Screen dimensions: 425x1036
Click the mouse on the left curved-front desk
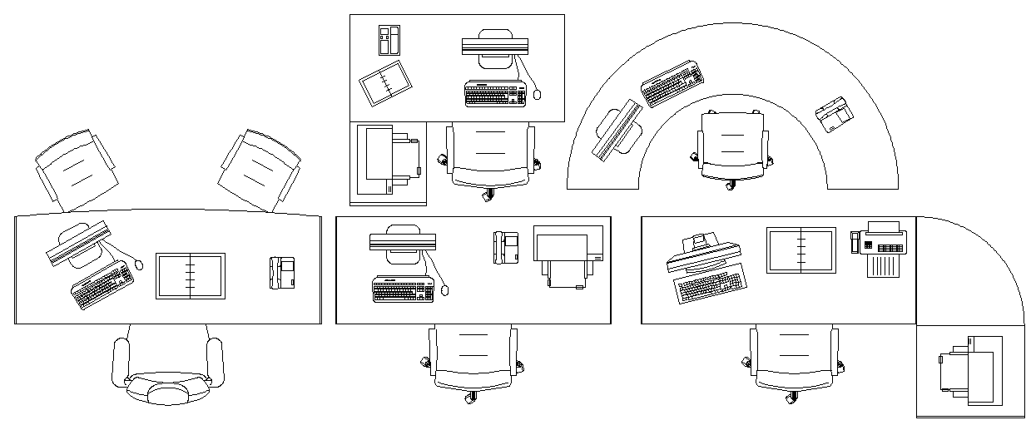pos(138,265)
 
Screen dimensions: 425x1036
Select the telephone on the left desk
pos(283,273)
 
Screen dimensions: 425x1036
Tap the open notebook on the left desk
pos(191,276)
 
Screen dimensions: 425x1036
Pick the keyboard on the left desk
pos(102,286)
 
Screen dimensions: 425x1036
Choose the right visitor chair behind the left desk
pos(259,169)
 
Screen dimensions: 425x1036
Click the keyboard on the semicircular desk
pos(672,84)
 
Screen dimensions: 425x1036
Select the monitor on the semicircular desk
pos(618,130)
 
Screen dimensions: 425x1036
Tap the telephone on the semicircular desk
pos(832,114)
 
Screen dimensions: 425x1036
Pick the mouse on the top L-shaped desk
pos(537,94)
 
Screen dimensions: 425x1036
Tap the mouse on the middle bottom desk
pos(445,289)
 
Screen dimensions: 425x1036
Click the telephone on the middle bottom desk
pos(506,247)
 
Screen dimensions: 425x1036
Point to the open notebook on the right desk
pos(801,249)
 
